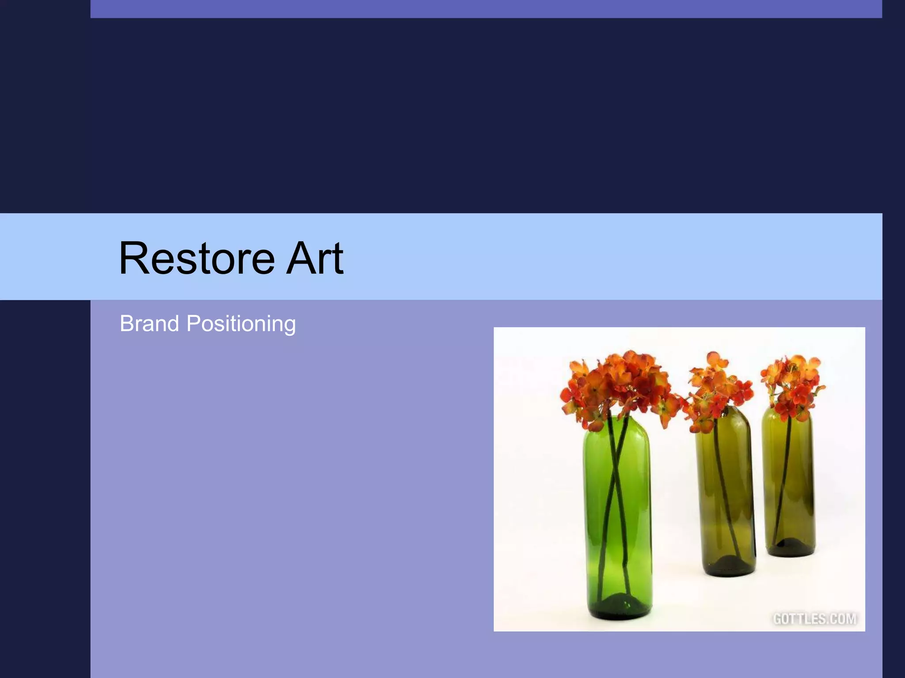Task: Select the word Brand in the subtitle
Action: pos(149,324)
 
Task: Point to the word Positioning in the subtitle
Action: pos(241,324)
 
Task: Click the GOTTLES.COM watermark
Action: pos(815,619)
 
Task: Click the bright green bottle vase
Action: pos(619,521)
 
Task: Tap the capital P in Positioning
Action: pos(194,324)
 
